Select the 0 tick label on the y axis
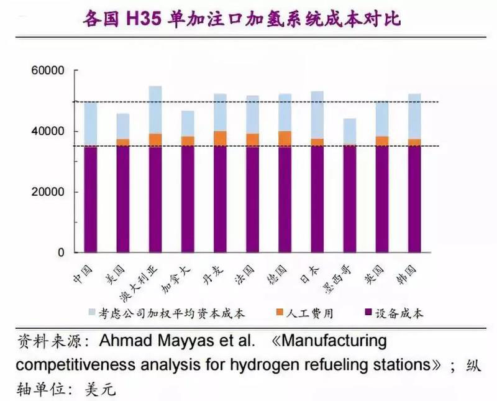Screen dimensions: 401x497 click(60, 252)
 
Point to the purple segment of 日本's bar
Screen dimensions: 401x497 click(316, 199)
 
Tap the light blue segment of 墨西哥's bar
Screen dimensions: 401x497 click(350, 131)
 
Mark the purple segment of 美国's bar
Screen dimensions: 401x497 click(122, 199)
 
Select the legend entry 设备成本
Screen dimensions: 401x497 click(398, 313)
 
